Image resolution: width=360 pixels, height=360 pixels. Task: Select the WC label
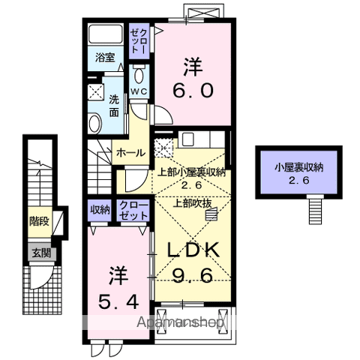click(x=139, y=91)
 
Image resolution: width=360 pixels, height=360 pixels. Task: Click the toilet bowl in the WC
click(x=139, y=76)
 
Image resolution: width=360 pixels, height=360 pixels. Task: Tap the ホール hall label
click(x=130, y=152)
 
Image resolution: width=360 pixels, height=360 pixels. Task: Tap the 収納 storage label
click(x=100, y=210)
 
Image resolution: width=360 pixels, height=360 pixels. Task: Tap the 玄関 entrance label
click(x=41, y=253)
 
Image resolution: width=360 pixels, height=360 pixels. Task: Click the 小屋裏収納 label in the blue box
click(x=298, y=168)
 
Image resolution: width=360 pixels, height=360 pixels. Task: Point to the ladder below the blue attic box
click(x=315, y=208)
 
